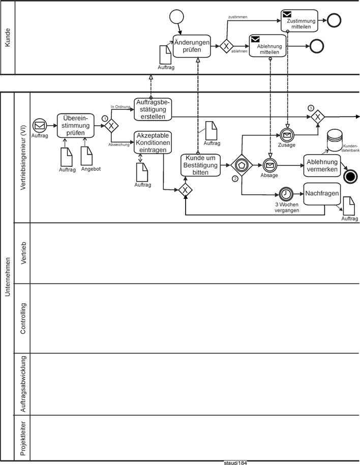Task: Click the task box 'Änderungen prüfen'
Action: [192, 46]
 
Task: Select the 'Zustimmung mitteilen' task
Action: [299, 21]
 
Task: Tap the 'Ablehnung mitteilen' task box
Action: [267, 46]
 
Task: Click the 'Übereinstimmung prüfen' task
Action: [76, 126]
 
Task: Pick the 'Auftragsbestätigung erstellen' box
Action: [153, 109]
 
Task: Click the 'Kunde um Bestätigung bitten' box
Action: [201, 165]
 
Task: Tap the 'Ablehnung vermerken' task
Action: [322, 165]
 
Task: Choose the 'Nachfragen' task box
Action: [322, 194]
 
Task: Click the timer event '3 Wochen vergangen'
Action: [286, 194]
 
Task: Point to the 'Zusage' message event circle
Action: [286, 135]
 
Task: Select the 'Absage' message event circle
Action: [269, 165]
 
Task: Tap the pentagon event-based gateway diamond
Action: [242, 165]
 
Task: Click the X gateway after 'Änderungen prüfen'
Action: [226, 46]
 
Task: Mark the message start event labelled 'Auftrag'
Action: [40, 126]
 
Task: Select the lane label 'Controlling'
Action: [23, 318]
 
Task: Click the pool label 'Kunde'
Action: [8, 38]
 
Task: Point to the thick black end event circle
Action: [350, 177]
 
